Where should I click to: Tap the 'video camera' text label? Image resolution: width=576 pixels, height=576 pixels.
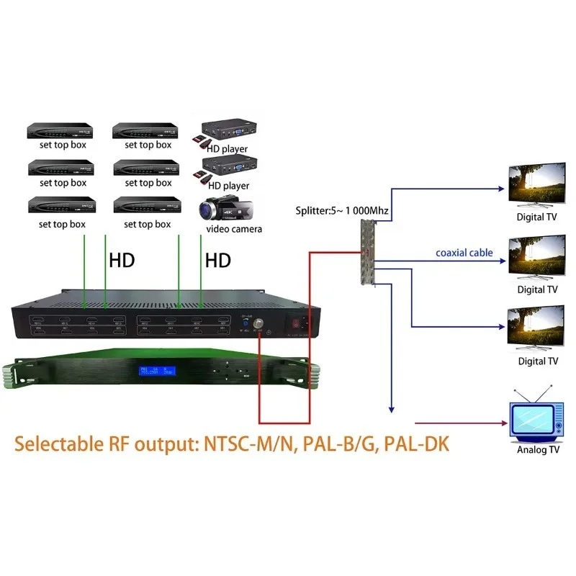coord(234,229)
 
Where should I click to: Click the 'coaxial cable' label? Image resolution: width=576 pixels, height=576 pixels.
coord(464,253)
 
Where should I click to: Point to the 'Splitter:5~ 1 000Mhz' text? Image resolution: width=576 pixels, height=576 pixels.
coord(343,212)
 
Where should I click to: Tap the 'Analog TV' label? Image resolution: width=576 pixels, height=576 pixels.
coord(538,450)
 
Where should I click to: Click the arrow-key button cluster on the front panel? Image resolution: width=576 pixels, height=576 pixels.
coord(230,370)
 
